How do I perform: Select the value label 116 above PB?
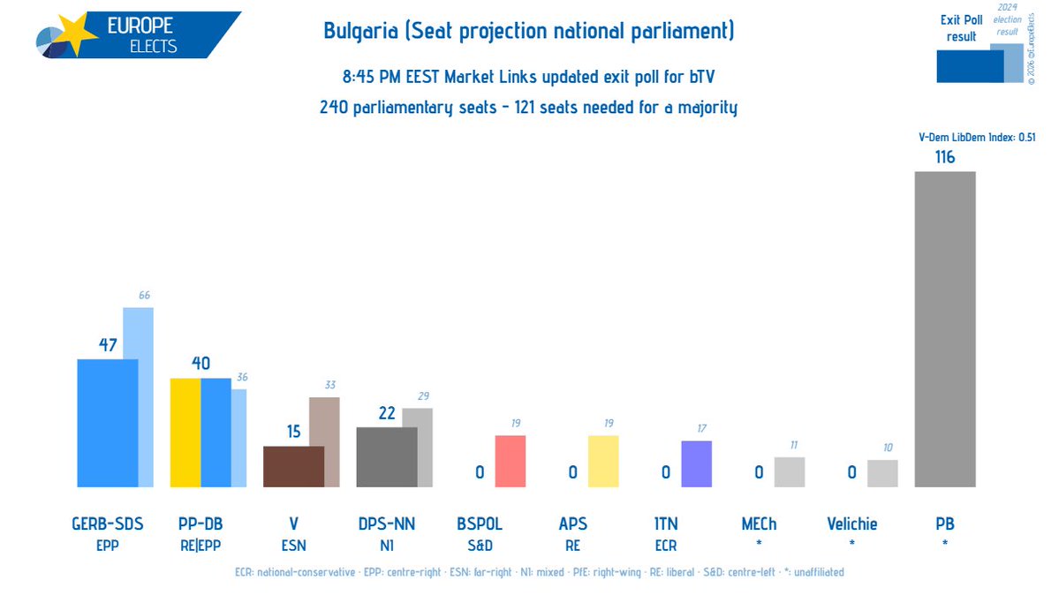pyautogui.click(x=944, y=158)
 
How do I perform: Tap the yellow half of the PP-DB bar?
pyautogui.click(x=185, y=433)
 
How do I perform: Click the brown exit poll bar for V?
pyautogui.click(x=293, y=466)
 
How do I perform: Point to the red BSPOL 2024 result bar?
pyautogui.click(x=510, y=461)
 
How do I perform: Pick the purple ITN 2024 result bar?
pyautogui.click(x=696, y=463)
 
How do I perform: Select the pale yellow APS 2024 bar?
pyautogui.click(x=603, y=461)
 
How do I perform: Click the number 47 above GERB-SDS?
pyautogui.click(x=107, y=345)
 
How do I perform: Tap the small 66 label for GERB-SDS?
pyautogui.click(x=146, y=295)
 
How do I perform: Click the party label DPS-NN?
pyautogui.click(x=386, y=524)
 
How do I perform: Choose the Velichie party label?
pyautogui.click(x=851, y=524)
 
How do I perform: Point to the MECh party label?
pyautogui.click(x=759, y=524)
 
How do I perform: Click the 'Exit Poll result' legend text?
pyautogui.click(x=961, y=29)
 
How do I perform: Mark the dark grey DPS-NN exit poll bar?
pyautogui.click(x=386, y=456)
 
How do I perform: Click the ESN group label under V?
pyautogui.click(x=293, y=546)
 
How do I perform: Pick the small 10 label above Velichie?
pyautogui.click(x=888, y=448)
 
